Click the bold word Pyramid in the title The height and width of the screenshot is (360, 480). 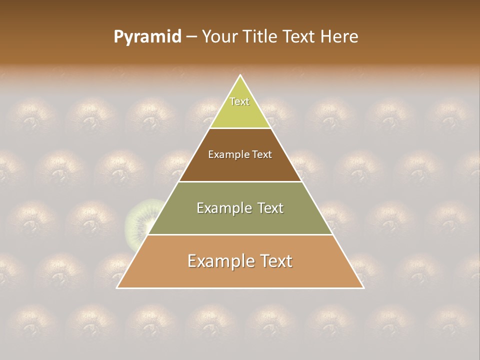(147, 37)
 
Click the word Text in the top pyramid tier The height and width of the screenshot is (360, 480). (239, 101)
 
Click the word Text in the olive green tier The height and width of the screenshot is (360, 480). (267, 208)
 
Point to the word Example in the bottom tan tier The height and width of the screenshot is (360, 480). (220, 261)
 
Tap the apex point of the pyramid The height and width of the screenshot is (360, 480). (240, 75)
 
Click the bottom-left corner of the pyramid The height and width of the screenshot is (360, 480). (117, 287)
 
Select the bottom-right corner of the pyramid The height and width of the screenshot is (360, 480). (363, 287)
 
